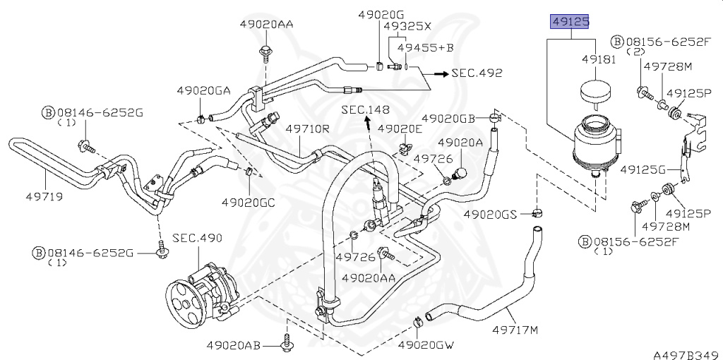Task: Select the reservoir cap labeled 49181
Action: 596,91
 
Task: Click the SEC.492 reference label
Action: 477,73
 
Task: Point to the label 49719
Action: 44,196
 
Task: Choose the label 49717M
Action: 515,330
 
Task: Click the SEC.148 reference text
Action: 365,109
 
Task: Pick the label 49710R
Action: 307,129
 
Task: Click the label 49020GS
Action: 491,214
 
